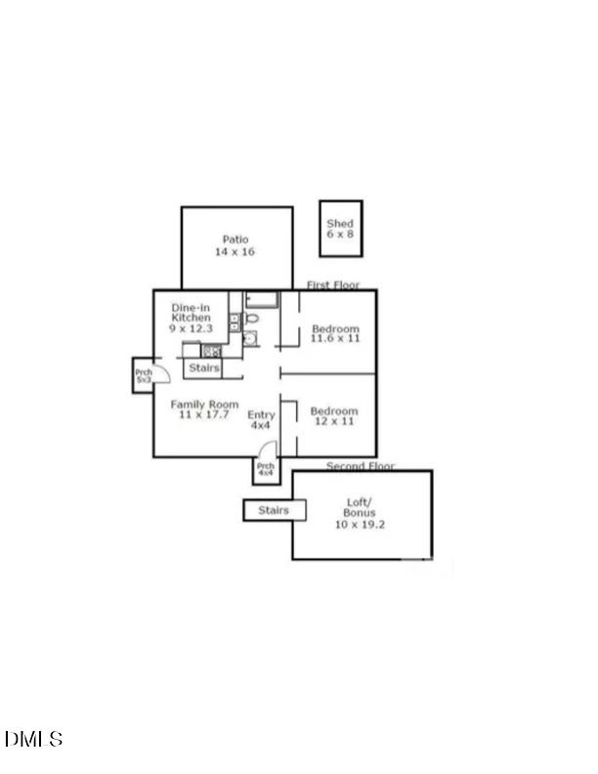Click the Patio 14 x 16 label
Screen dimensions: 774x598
click(x=235, y=245)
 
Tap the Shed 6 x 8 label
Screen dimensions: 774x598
click(x=340, y=229)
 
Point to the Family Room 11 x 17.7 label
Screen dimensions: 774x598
click(x=204, y=409)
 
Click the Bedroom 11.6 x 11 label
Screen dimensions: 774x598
click(x=335, y=333)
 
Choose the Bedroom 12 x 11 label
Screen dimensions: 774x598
click(x=333, y=416)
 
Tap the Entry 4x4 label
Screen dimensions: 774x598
click(x=261, y=420)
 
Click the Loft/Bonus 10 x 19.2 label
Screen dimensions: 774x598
click(x=361, y=514)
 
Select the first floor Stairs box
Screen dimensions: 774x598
click(x=203, y=368)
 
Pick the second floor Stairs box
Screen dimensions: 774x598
click(x=274, y=510)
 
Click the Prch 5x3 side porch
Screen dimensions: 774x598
click(x=143, y=375)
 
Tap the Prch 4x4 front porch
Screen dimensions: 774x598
click(x=265, y=470)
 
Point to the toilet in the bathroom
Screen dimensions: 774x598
click(x=251, y=319)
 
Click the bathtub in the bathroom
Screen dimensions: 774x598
click(x=261, y=300)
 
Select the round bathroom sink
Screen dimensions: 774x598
click(x=249, y=339)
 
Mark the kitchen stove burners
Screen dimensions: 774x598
click(x=211, y=351)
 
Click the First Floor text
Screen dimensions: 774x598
click(x=333, y=285)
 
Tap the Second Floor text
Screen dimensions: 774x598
click(x=361, y=466)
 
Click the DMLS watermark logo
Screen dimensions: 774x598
click(x=33, y=739)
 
